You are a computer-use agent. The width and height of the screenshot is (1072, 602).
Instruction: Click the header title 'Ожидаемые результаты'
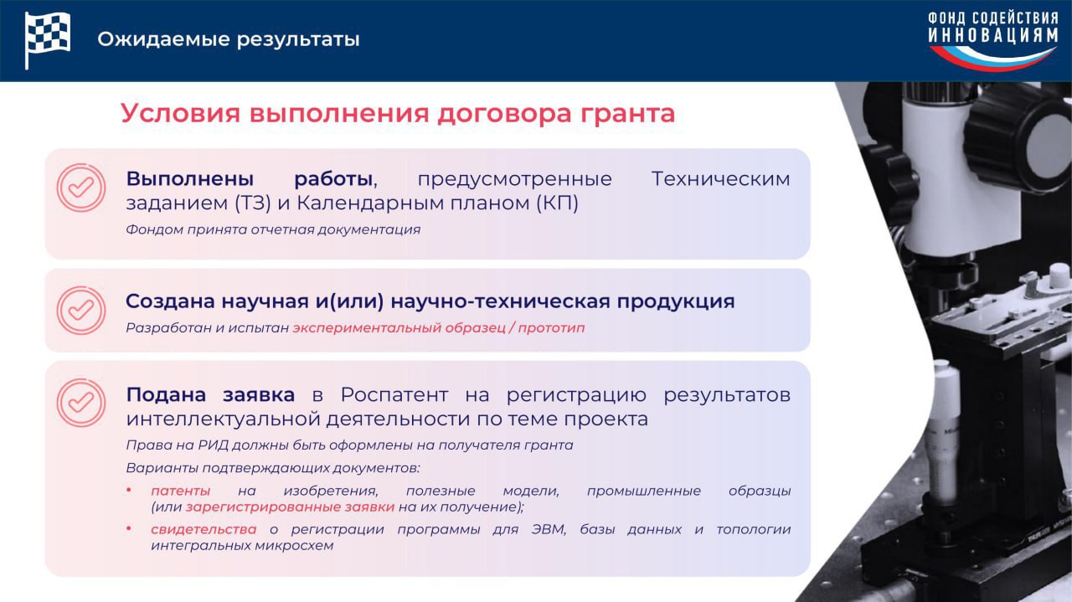pos(229,39)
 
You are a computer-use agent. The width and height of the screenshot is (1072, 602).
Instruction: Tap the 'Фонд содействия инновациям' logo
pos(993,40)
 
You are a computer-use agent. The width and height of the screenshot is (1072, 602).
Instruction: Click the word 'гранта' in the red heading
pos(628,113)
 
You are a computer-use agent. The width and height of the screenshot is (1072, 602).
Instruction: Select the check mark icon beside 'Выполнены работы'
pos(81,188)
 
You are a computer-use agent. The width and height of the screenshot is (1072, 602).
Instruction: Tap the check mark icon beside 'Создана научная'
pos(81,310)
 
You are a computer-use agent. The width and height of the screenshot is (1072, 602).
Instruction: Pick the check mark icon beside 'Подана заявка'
pos(81,403)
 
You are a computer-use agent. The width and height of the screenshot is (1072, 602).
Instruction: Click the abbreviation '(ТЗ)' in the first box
pos(253,203)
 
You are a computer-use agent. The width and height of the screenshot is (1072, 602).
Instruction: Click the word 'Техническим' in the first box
pos(721,178)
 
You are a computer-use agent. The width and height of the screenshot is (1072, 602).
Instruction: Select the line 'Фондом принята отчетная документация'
pos(273,229)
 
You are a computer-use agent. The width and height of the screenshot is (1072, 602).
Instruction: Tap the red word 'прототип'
pos(551,328)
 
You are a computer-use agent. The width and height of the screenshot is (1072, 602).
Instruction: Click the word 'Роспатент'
pos(394,395)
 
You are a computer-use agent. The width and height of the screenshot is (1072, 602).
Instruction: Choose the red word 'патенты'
pos(180,491)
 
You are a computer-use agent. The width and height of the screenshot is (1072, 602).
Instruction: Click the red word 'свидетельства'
pos(204,529)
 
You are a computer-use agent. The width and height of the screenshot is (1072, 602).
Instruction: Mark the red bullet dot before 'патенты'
pos(129,490)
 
